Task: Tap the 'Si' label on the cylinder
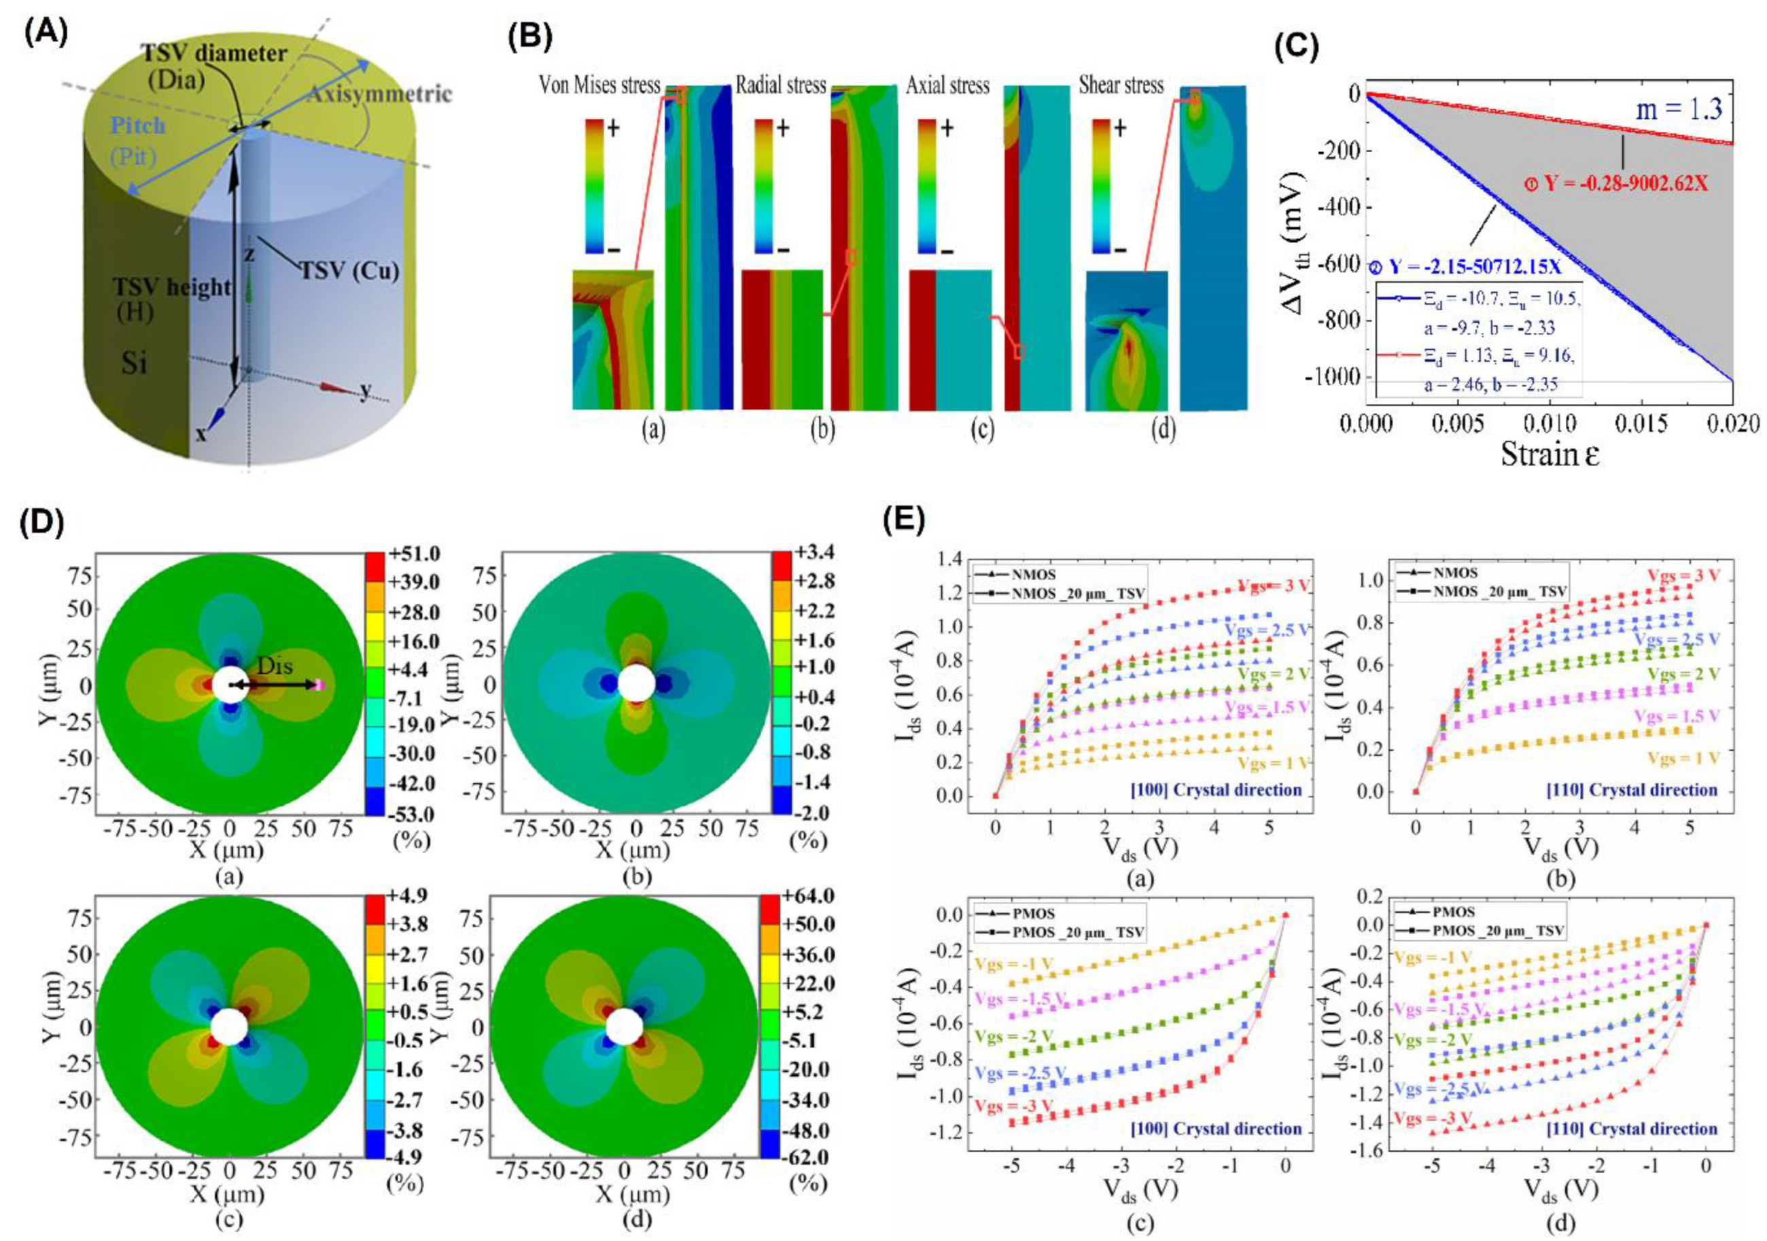coord(134,361)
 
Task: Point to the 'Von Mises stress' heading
coord(599,85)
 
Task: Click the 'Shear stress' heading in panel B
coord(1121,85)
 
